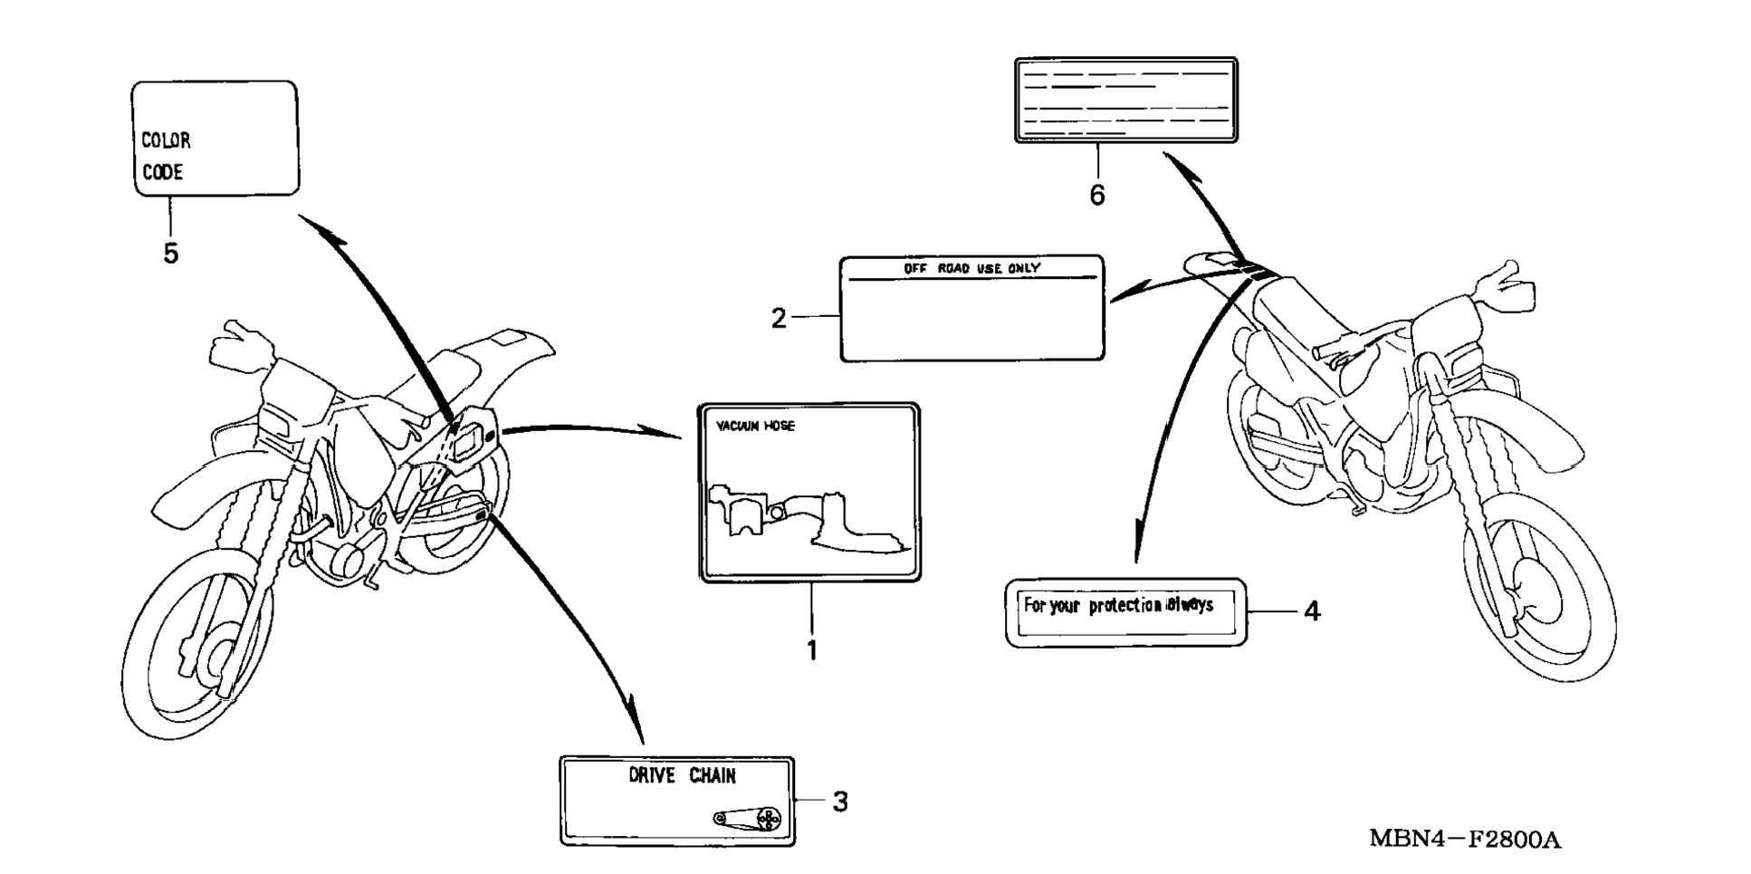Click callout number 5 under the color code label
click(170, 254)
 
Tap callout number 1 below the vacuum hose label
click(812, 650)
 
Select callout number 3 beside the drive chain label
click(840, 802)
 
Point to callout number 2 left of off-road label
click(779, 318)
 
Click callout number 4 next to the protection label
click(1312, 611)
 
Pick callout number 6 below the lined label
click(1097, 195)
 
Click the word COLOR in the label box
click(166, 140)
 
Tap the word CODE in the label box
click(163, 172)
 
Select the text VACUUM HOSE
click(756, 426)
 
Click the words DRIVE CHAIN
click(682, 775)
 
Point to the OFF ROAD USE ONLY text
click(971, 268)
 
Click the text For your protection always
click(1118, 605)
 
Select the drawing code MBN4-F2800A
click(1464, 840)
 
